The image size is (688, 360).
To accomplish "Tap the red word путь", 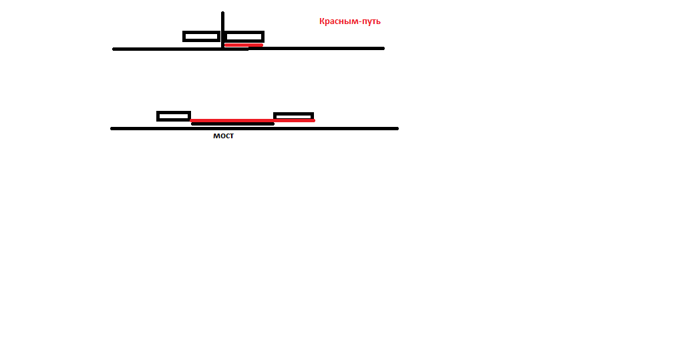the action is click(x=370, y=21).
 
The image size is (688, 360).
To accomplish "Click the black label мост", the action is click(x=223, y=136).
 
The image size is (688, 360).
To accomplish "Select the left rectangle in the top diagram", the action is click(x=202, y=36).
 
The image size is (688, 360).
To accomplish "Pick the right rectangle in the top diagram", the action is click(x=244, y=36).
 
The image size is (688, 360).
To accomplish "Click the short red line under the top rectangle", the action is click(x=244, y=45).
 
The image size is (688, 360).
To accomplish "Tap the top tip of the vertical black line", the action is click(x=223, y=12).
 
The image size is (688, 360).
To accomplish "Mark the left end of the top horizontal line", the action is click(x=114, y=49).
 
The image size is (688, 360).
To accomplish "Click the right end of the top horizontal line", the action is click(x=383, y=48).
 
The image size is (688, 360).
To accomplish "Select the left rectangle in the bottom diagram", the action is click(x=174, y=116).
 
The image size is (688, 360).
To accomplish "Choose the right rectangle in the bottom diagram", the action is click(x=293, y=116).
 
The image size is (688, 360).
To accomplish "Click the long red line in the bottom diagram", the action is click(x=252, y=120).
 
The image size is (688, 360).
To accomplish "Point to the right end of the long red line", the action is click(x=314, y=120).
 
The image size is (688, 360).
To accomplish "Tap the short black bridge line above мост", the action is click(x=233, y=124).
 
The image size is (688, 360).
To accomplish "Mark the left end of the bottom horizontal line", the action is click(x=112, y=128).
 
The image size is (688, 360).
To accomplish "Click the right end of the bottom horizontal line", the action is click(x=397, y=128).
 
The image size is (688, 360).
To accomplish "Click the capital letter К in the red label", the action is click(x=322, y=21).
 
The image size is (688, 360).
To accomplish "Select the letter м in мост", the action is click(x=216, y=136).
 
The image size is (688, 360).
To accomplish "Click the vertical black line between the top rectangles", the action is click(x=223, y=30).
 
